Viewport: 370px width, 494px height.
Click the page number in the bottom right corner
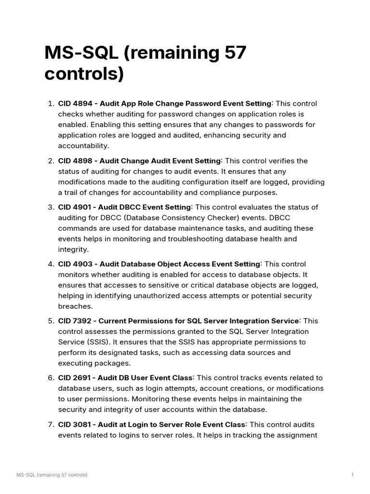point(352,475)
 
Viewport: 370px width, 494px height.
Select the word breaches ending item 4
point(75,306)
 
